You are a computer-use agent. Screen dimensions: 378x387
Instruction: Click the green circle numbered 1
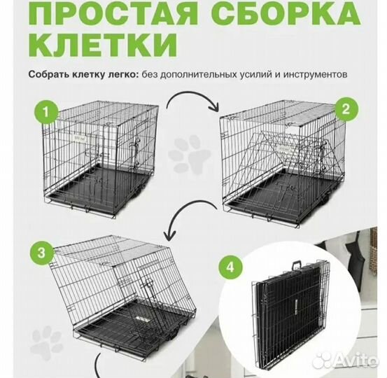pos(46,111)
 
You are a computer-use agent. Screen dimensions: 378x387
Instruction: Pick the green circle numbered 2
pos(344,109)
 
